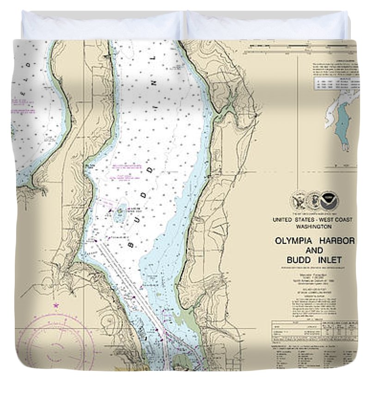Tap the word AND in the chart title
(x=314, y=250)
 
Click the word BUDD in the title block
(x=299, y=260)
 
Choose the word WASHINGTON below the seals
(x=314, y=227)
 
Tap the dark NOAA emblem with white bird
(x=330, y=201)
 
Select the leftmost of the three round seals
(x=298, y=201)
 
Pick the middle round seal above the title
(x=313, y=201)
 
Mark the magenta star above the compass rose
(x=56, y=305)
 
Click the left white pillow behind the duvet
(x=102, y=25)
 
